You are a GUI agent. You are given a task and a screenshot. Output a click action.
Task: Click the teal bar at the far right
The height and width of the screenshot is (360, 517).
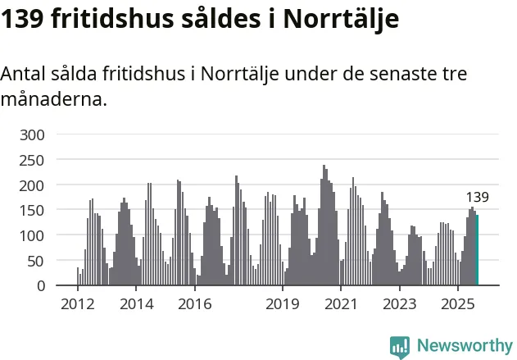[477, 250]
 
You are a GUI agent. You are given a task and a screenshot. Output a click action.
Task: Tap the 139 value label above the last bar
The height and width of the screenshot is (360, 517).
[478, 197]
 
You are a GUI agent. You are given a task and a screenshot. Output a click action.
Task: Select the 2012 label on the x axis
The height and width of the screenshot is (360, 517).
[78, 305]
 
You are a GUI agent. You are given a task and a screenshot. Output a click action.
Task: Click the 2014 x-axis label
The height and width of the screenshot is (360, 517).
[136, 305]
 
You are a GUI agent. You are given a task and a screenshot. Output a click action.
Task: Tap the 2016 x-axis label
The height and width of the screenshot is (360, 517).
[194, 305]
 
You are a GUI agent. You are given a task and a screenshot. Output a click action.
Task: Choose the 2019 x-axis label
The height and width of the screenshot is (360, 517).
[282, 305]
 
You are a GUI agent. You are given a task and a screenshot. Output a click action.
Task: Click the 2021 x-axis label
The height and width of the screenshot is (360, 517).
[340, 305]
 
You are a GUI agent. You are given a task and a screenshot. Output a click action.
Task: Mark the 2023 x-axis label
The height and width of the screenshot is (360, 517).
[399, 305]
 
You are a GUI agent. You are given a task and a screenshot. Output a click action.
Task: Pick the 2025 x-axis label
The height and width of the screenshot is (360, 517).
[457, 305]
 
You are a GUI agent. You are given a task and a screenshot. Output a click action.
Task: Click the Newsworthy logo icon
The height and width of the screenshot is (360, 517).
[400, 346]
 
